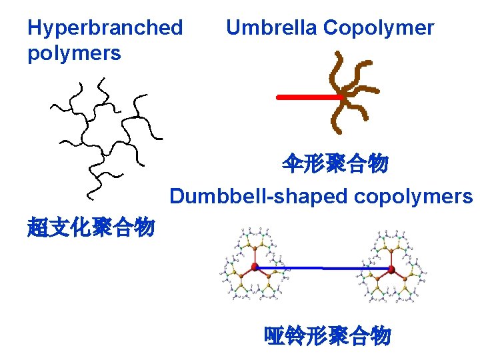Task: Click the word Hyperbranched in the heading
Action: [x=105, y=28]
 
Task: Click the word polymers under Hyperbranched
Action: [x=74, y=53]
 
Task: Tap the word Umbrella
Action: [x=271, y=28]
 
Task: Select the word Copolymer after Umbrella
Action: [x=378, y=28]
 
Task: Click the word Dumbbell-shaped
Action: [x=259, y=197]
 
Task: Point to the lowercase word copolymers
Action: [x=413, y=197]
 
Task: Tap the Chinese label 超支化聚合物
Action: [x=91, y=227]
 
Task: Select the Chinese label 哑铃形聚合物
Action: [x=327, y=336]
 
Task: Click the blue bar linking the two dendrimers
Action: [x=323, y=269]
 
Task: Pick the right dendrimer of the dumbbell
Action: [x=391, y=269]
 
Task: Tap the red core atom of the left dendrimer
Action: [x=255, y=267]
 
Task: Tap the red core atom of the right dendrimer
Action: [x=391, y=269]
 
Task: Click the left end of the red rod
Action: [x=279, y=97]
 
